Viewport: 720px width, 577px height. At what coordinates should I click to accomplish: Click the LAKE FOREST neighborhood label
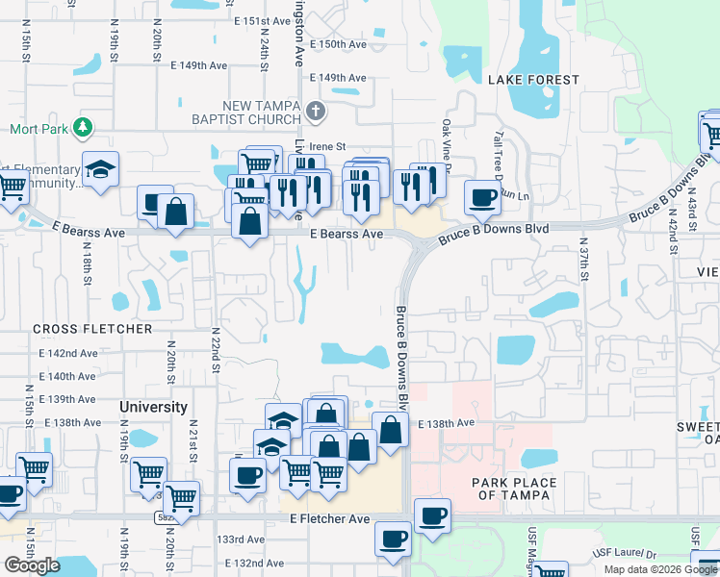click(532, 80)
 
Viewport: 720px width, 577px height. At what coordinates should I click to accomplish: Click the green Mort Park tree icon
click(84, 127)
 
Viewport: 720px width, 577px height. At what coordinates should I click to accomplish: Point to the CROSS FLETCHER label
click(92, 329)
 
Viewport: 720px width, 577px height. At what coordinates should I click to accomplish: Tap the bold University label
click(153, 407)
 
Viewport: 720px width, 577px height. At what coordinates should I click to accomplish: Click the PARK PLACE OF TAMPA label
click(514, 489)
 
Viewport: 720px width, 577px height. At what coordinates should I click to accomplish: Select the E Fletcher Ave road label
click(330, 519)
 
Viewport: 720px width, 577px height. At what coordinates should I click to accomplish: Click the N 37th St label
click(583, 262)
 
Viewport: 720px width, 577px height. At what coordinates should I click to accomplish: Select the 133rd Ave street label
click(241, 539)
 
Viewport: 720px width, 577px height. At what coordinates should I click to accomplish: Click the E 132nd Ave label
click(254, 563)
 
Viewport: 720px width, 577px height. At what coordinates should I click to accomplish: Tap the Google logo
click(32, 564)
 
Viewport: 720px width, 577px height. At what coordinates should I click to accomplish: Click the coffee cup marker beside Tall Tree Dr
click(483, 197)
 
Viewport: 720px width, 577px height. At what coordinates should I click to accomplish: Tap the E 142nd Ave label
click(68, 353)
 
